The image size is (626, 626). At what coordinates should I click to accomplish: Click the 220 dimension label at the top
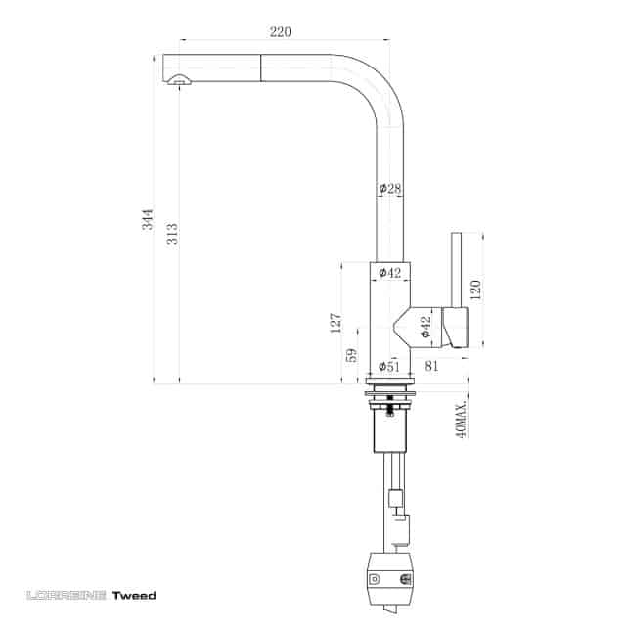281,31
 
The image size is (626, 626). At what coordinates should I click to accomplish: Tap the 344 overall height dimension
148,219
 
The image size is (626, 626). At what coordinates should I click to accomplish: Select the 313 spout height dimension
172,234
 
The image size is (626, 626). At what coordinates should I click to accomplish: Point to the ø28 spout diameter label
390,188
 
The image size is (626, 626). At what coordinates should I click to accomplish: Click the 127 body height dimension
335,323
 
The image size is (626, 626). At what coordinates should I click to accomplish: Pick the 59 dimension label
351,355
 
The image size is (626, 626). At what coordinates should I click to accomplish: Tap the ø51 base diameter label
389,366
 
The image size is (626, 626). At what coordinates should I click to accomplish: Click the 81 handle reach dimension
431,365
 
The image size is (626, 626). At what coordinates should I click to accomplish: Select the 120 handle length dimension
475,290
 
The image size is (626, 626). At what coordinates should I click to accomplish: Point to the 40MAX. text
461,420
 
